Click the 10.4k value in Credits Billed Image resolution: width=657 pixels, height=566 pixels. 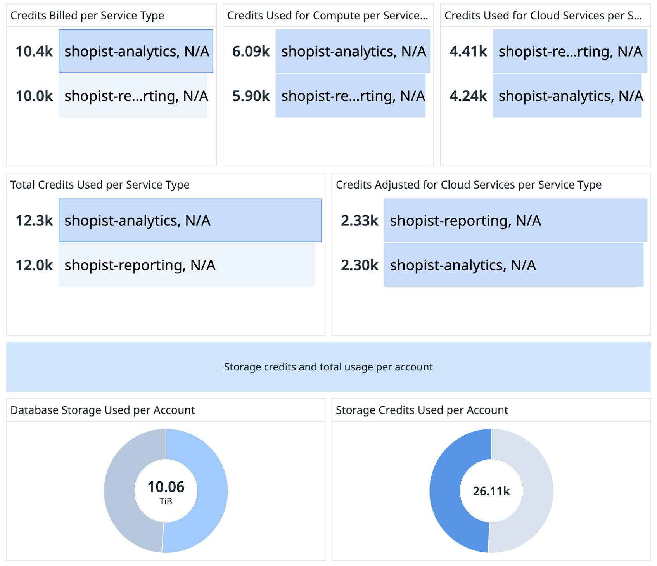pos(34,52)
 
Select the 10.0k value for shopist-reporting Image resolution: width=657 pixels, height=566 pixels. pos(34,96)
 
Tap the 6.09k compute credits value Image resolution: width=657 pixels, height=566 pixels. pos(251,52)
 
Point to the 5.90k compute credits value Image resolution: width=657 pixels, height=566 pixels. pos(251,96)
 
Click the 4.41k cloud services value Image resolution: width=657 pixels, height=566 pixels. pos(468,52)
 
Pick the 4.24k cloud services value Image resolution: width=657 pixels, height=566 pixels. pos(468,96)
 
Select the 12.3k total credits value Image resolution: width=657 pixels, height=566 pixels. pos(34,221)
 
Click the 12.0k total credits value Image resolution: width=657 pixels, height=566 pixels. pos(34,265)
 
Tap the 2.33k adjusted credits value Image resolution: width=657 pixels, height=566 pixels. pos(360,221)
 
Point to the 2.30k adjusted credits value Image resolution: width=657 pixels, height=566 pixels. pos(360,265)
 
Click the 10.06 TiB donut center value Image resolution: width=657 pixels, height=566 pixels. pos(166,487)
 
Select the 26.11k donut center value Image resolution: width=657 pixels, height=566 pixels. pos(491,491)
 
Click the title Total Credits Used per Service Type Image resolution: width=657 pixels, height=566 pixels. pos(100,185)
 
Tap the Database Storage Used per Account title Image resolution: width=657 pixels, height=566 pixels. pos(102,410)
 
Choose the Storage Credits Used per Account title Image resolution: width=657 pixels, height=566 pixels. pos(422,410)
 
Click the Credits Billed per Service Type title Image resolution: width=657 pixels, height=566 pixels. pos(87,16)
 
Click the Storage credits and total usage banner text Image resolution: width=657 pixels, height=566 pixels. pos(328,367)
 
